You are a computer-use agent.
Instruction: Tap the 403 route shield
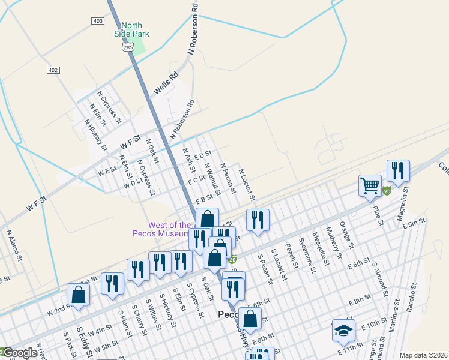coord(98,21)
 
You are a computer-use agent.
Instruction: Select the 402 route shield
coord(53,70)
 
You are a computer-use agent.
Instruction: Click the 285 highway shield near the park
coord(128,46)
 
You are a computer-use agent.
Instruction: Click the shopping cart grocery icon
coord(370,185)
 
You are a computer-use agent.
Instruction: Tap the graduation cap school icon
coord(344,331)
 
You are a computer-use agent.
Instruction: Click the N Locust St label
coord(247,185)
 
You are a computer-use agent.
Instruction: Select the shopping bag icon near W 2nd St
coord(78,295)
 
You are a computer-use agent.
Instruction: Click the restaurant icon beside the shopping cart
coord(397,171)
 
